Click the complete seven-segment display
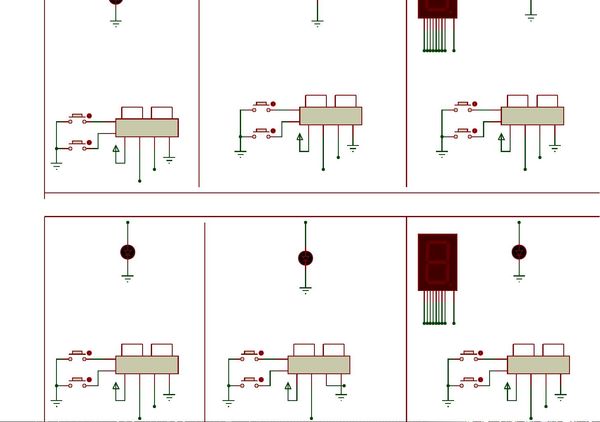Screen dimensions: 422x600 [x=438, y=263]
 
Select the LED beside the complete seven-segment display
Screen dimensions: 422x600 [x=519, y=252]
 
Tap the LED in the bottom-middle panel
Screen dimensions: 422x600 [x=305, y=258]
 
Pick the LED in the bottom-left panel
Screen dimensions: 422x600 [x=128, y=252]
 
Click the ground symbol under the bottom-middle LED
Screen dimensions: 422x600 [x=305, y=290]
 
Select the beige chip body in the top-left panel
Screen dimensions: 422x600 [x=147, y=128]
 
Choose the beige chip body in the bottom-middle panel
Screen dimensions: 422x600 [x=319, y=365]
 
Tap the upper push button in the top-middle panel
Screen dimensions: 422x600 [x=261, y=107]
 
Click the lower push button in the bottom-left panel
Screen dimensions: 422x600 [x=77, y=382]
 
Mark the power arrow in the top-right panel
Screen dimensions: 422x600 [x=502, y=137]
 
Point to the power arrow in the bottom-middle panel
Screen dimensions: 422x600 [x=288, y=386]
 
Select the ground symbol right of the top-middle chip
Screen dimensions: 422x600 [x=353, y=148]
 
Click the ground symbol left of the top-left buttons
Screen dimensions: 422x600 [x=56, y=166]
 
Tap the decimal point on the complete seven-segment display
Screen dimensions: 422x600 [x=451, y=284]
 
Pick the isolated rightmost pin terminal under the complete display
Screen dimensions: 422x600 [x=454, y=323]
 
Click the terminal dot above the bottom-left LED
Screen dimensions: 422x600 [x=128, y=223]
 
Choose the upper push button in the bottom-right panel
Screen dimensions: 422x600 [x=469, y=356]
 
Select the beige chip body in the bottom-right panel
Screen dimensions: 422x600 [x=538, y=365]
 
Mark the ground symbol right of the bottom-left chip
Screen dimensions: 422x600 [x=169, y=397]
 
